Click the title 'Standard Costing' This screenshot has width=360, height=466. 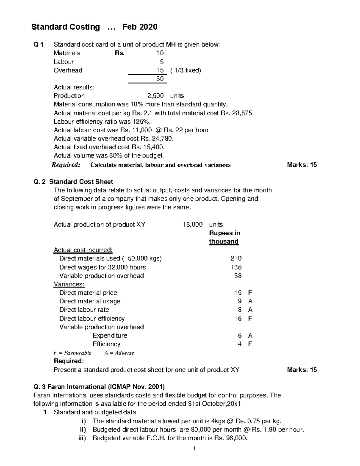tap(65, 27)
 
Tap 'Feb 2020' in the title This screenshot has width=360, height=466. tap(139, 27)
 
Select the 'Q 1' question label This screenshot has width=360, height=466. tap(38, 45)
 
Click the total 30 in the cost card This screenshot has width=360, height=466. tap(160, 79)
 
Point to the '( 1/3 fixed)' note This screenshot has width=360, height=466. tap(186, 70)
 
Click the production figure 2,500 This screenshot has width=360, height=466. tap(155, 96)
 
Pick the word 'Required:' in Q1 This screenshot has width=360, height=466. tap(66, 165)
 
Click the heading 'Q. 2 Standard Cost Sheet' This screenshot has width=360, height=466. tap(73, 182)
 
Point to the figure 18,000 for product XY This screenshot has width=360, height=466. tap(192, 224)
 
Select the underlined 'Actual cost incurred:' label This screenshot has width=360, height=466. tap(83, 250)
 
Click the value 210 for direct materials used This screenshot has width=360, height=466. tap(236, 258)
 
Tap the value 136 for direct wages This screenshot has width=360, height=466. tap(236, 267)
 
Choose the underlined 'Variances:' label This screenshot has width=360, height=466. tap(69, 284)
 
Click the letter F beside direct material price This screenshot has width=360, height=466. tap(250, 293)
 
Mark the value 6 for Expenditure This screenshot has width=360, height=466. tap(240, 335)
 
